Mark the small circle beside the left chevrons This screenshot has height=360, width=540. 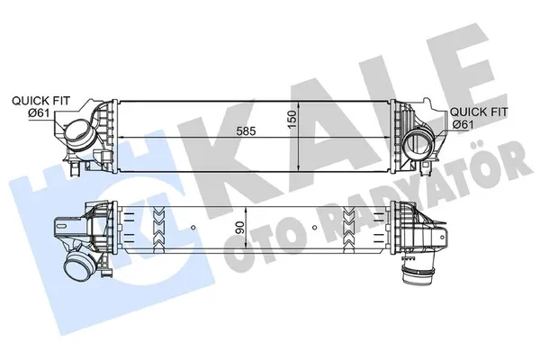pos(137,219)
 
